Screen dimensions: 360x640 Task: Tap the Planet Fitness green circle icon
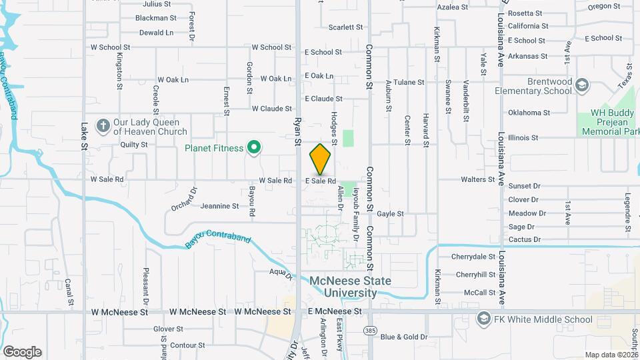pos(253,148)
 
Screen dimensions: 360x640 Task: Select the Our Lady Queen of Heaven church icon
pos(103,125)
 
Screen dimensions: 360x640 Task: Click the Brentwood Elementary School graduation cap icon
pos(582,85)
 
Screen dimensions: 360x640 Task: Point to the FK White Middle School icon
pos(483,319)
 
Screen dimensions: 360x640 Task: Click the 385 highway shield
pos(370,330)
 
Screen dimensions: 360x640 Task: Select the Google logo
pos(22,351)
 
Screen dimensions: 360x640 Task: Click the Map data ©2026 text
pos(611,355)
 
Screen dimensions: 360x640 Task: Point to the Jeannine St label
pos(219,207)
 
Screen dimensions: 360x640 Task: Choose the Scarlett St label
pos(345,27)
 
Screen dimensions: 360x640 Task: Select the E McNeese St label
pos(334,311)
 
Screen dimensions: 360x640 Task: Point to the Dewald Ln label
pos(156,32)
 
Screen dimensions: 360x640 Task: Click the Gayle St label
pos(391,214)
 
